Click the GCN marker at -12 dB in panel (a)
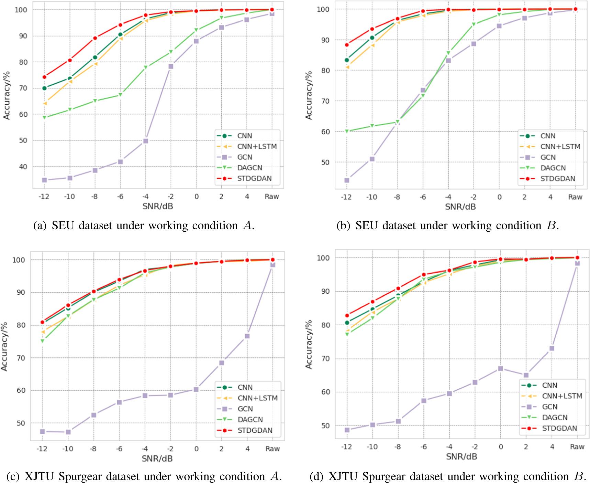pos(44,180)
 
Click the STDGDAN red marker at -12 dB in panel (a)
pos(44,77)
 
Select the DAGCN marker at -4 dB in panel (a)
pos(146,67)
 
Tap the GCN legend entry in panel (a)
pos(244,157)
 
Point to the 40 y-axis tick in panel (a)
pos(23,167)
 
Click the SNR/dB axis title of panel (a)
pos(158,206)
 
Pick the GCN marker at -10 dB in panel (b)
pos(372,159)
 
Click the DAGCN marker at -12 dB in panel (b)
pos(347,131)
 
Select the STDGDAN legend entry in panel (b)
pos(557,179)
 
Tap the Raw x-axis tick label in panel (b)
pos(575,197)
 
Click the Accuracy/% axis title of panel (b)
pos(309,95)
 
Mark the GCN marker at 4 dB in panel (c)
pos(247,336)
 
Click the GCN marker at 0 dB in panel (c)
pos(196,389)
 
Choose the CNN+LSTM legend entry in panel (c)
pos(257,398)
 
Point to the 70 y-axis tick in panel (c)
pos(21,358)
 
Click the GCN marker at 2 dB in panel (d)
pos(526,375)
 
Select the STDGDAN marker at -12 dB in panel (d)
pos(347,315)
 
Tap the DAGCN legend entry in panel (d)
pos(555,418)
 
